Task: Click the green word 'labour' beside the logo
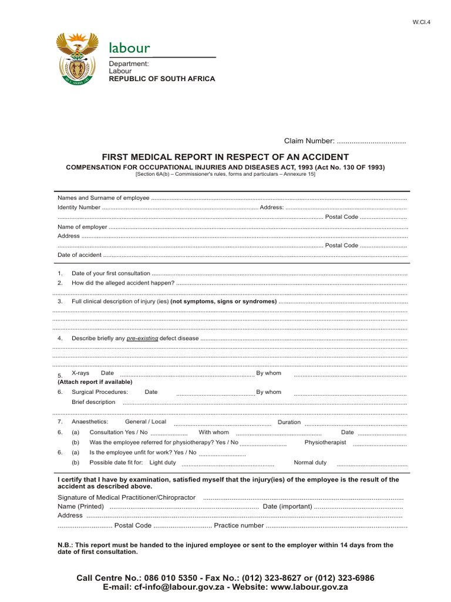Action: pos(129,48)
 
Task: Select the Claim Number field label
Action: pos(309,141)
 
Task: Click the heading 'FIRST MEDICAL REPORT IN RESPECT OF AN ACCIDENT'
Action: pos(225,157)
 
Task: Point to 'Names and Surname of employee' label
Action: pos(103,198)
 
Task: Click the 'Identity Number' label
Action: pos(79,208)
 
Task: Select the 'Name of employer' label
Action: pos(82,227)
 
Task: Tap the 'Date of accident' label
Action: pos(79,255)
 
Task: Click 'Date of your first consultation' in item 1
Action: pos(111,274)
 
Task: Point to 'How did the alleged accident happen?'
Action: pos(123,283)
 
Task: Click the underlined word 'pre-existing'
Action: pos(142,339)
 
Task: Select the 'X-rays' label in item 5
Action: pos(80,373)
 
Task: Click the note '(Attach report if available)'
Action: pos(95,382)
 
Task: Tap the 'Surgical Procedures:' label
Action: pos(100,392)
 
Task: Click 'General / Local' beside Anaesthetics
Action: pos(146,422)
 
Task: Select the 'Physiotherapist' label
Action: pos(325,443)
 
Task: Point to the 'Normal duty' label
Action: pos(310,463)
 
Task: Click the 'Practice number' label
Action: pos(239,526)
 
